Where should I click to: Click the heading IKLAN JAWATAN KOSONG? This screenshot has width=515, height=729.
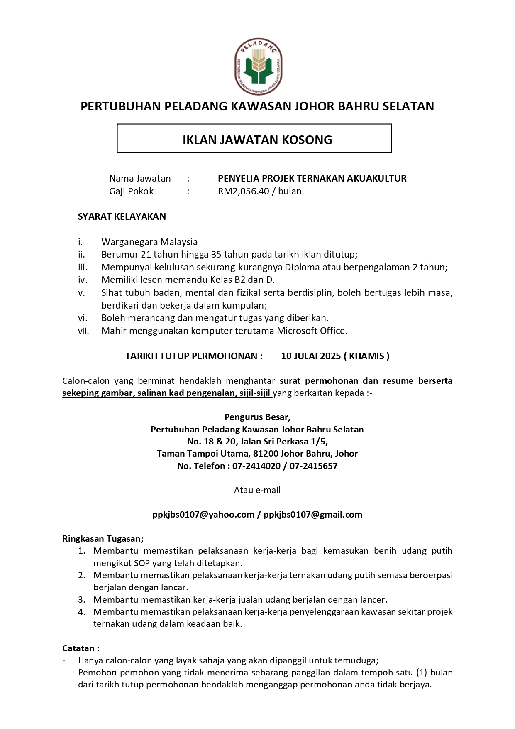pos(257,140)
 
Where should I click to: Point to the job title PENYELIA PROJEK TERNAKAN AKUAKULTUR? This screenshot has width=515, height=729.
pos(312,179)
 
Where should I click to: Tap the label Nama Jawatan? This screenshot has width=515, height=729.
pos(140,179)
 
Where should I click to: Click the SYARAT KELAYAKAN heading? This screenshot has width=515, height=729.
pos(122,216)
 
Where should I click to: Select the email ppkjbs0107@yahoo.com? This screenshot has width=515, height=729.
pos(203,515)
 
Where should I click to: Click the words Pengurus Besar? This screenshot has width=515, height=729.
pos(257,417)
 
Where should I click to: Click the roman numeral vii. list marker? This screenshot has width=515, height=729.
pos(83,331)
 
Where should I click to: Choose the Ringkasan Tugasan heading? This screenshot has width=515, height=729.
pos(103,539)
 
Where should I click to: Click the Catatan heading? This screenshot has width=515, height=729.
pos(81,648)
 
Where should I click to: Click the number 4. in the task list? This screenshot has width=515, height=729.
pos(82,612)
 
